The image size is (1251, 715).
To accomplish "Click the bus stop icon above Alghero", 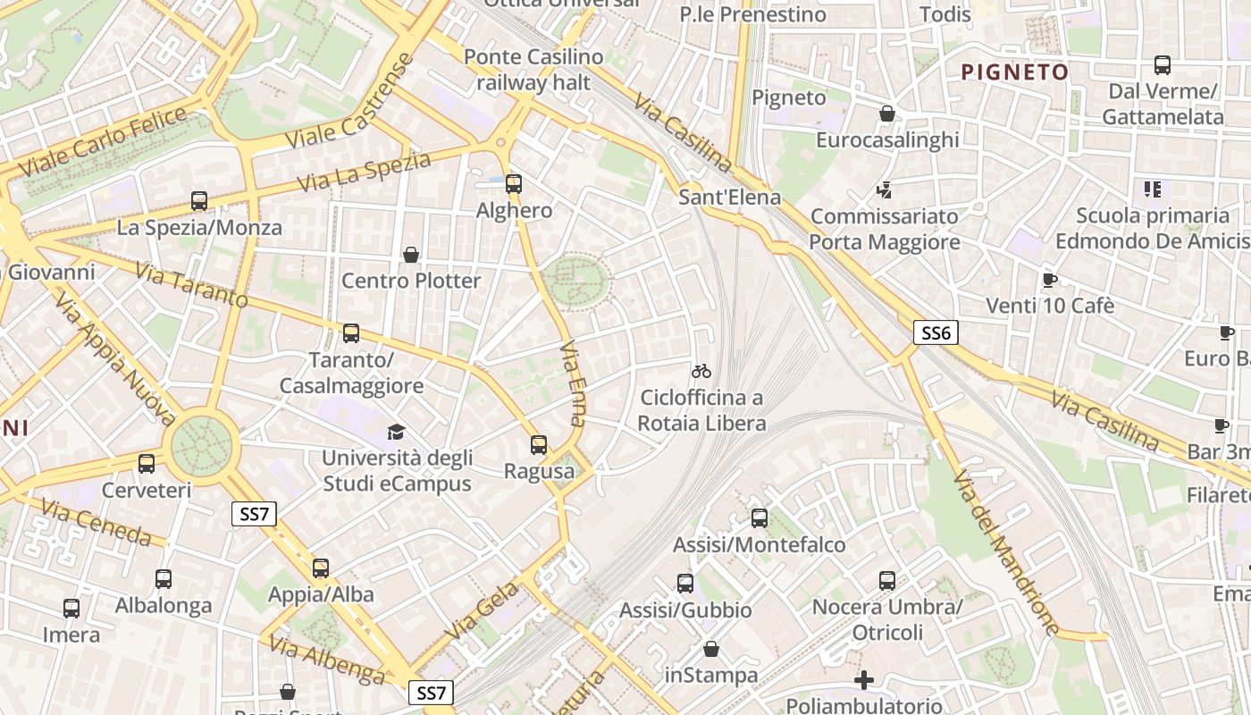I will point(513,184).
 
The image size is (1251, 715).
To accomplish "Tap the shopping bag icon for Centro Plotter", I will point(411,255).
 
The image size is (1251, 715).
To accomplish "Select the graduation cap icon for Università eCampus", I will point(396,433).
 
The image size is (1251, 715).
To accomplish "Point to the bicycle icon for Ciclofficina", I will point(701,370).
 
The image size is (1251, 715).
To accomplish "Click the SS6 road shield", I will point(936,333).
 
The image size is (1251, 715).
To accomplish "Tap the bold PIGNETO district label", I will point(1014,72).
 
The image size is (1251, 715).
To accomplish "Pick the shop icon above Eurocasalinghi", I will point(887,114).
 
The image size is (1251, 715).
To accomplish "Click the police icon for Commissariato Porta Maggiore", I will point(884,189).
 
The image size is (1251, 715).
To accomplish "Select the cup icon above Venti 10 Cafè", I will point(1050,280).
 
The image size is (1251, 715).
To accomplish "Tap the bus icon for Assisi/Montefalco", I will point(760,517).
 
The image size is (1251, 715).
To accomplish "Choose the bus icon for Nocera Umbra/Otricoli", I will point(886,581).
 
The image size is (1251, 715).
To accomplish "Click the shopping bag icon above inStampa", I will point(711,648).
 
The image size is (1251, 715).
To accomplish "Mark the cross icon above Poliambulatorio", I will point(863,680).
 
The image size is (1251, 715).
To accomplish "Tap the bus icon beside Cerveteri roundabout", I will point(147,464).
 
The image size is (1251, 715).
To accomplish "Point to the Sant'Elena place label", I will point(730,197).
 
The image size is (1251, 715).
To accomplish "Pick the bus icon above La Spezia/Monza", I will point(199,201).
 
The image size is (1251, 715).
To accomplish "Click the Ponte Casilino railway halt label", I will point(533,70).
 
